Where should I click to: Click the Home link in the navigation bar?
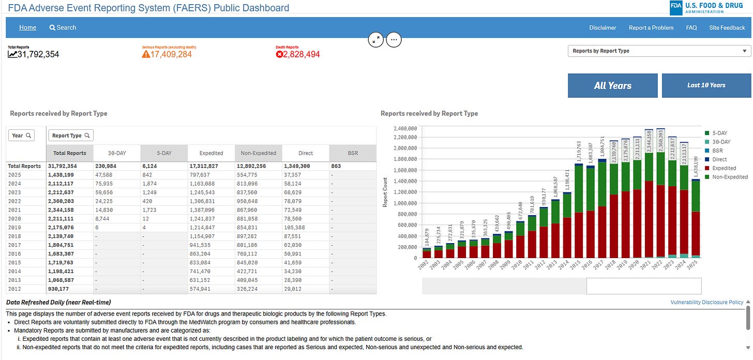(27, 27)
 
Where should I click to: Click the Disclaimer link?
(603, 28)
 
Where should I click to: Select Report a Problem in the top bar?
(651, 28)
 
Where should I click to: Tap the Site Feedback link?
(727, 28)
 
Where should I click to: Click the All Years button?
(612, 86)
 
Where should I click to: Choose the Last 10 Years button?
(706, 85)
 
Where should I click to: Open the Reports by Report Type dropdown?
(659, 51)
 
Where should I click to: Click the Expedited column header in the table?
(211, 153)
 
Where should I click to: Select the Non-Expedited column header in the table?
(258, 153)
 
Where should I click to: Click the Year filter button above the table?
(22, 136)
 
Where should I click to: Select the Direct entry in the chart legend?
(719, 159)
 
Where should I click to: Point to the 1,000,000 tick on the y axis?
(406, 203)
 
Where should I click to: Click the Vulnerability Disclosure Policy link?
(706, 302)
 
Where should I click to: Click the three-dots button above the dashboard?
(394, 39)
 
